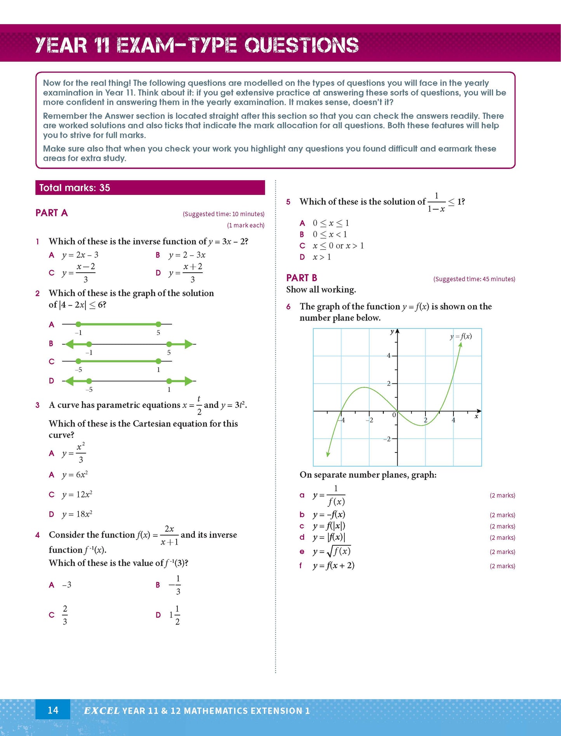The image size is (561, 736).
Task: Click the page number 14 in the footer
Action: pos(53,710)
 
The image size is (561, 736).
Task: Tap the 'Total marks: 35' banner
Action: pos(150,188)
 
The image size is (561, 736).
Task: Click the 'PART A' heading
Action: pos(52,213)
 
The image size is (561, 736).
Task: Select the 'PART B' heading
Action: pos(302,278)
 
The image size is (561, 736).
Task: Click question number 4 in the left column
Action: pos(38,535)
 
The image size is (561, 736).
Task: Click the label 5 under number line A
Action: pos(158,333)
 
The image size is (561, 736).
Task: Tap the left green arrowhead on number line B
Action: pos(69,344)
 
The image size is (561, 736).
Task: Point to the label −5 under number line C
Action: pos(78,370)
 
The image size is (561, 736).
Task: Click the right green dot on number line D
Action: pos(169,381)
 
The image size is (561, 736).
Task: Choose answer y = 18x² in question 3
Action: pos(77,514)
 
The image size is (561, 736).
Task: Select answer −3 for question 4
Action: pos(66,585)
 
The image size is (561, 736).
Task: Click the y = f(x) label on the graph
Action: pos(461,336)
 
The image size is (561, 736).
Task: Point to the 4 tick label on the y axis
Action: pos(389,355)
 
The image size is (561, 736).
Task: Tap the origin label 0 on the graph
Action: pos(394,415)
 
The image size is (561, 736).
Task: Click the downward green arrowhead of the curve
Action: pos(328,454)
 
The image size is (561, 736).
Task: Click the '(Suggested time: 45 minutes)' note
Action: pos(474,279)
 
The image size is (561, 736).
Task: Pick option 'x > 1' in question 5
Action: pos(321,257)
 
